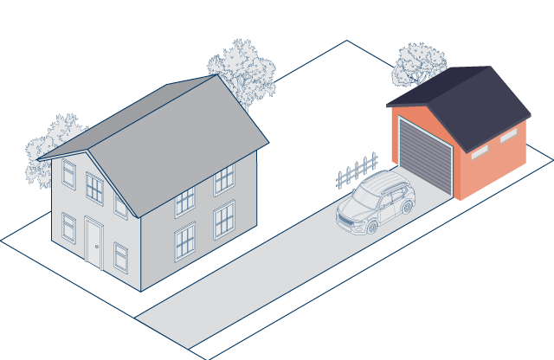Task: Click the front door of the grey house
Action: (x=93, y=242)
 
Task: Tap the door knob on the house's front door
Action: (x=98, y=248)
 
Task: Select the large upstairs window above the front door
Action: (x=94, y=188)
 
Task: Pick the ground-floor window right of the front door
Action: (x=120, y=257)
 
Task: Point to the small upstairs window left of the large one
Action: (x=68, y=173)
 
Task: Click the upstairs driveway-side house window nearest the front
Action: (x=184, y=201)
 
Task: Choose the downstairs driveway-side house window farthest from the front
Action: (x=224, y=219)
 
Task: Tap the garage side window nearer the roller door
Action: (x=479, y=152)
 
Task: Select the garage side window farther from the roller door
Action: (x=509, y=136)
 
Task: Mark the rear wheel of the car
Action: (x=405, y=208)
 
